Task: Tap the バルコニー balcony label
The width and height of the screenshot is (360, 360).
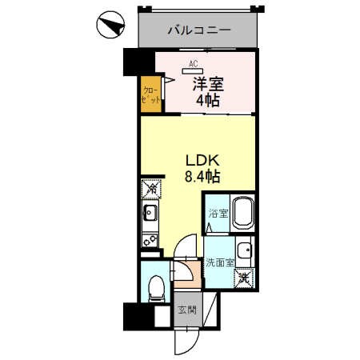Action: (199, 30)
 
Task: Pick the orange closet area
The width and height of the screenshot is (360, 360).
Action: (150, 93)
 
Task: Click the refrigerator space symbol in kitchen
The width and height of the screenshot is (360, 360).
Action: (150, 190)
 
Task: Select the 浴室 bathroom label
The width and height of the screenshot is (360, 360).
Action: (216, 214)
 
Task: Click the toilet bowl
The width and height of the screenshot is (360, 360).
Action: (156, 286)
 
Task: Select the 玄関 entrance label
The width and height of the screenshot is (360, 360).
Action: (184, 310)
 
